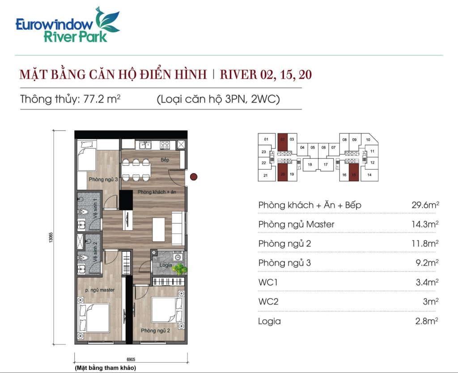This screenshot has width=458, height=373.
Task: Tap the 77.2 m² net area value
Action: tap(102, 99)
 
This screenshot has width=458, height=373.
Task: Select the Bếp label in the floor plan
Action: tap(165, 159)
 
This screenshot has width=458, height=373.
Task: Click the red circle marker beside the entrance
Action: tap(194, 176)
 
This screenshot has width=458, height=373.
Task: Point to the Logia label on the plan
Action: tap(165, 265)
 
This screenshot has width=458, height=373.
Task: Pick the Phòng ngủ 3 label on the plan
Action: tap(103, 179)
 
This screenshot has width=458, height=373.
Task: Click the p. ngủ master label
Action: tap(100, 290)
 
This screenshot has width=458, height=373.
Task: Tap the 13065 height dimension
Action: tap(51, 237)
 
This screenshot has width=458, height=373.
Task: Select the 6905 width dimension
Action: tap(131, 359)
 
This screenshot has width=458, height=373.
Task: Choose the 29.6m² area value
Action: tap(425, 205)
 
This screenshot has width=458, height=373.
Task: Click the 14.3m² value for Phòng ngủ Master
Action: tap(425, 224)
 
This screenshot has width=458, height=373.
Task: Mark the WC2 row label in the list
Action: tap(268, 301)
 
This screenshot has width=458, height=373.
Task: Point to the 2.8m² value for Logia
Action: tap(427, 321)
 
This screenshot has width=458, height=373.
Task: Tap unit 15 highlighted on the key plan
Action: tap(354, 172)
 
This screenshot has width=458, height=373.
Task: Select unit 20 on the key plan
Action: tap(283, 172)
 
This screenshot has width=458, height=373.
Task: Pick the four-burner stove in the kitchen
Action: tap(165, 145)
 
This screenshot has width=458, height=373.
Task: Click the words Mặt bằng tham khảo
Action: tap(106, 368)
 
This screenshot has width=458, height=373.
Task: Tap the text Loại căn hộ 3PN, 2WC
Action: tap(218, 99)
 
